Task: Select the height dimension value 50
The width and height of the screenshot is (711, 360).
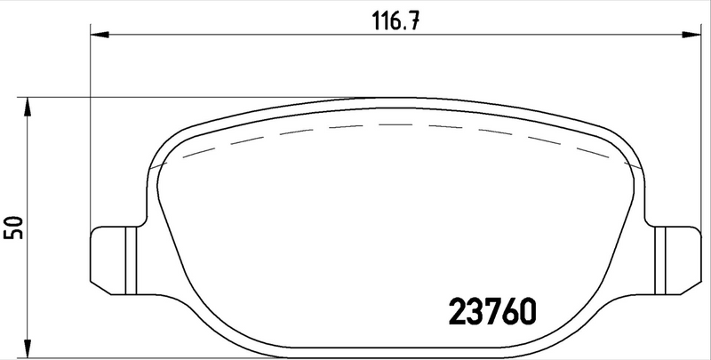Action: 12,226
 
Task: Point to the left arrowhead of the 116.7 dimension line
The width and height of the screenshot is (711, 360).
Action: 99,35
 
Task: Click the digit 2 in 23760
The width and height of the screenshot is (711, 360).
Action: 452,313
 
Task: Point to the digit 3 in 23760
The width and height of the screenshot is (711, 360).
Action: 472,313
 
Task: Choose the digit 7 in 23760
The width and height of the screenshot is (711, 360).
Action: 491,313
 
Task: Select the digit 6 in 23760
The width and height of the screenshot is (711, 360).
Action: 509,313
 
